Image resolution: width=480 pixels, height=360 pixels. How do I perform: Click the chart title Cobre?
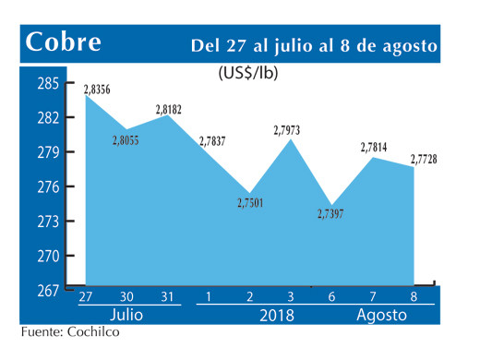point(64,43)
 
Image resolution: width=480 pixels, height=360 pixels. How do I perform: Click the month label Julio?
point(126,314)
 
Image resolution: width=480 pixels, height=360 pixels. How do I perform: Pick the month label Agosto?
point(382,314)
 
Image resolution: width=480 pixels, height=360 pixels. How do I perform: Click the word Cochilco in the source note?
point(95,332)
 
